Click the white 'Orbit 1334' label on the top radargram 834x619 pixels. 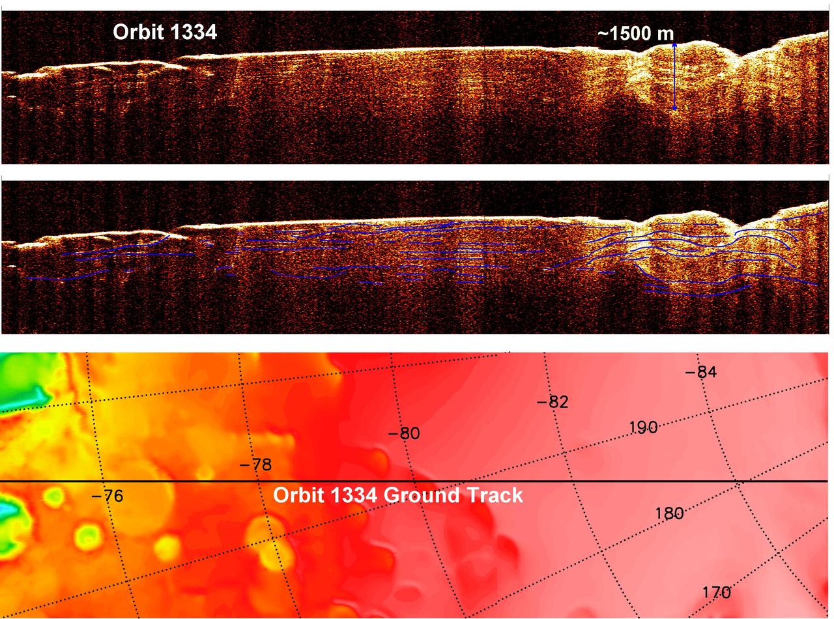(164, 32)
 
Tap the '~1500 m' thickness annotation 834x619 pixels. (635, 34)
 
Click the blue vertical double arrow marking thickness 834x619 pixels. (674, 76)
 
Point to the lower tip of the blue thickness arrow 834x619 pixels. (674, 108)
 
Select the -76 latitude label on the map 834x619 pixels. (107, 497)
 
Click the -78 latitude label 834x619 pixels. (255, 465)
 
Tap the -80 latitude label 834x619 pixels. (404, 433)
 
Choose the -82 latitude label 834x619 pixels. (553, 402)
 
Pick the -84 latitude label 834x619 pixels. (701, 372)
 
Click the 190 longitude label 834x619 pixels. (643, 427)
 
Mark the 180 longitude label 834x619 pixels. (669, 513)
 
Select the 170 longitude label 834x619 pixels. (716, 593)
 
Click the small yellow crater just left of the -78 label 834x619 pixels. (205, 472)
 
